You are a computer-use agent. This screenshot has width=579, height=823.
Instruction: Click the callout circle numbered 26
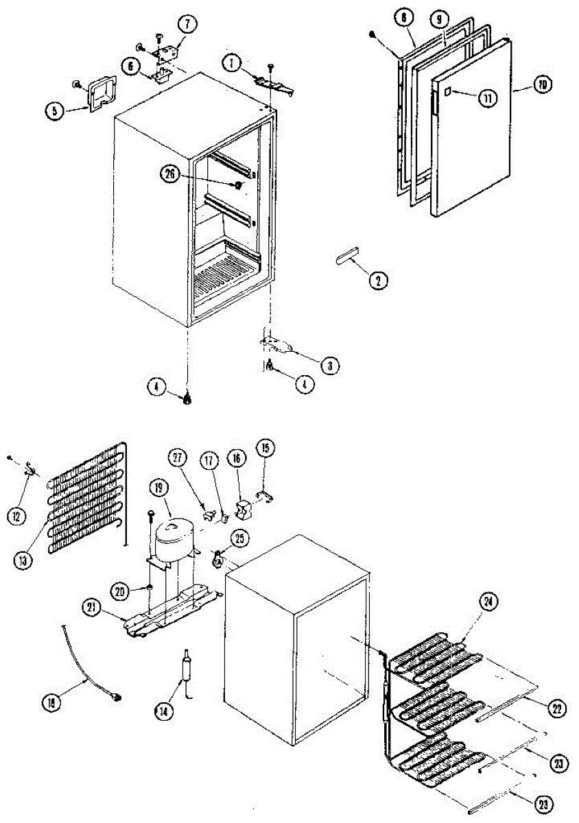169,175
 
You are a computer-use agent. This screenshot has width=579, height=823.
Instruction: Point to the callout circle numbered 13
22,560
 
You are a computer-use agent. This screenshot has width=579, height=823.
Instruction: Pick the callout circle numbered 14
163,711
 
